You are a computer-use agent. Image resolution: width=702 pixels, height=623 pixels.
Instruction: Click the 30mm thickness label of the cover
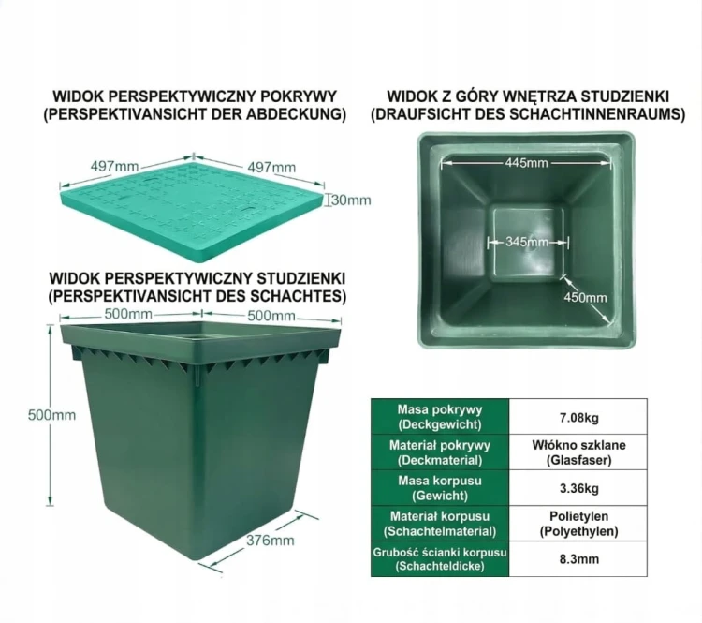click(352, 200)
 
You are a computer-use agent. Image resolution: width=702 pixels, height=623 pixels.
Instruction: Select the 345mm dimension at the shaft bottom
click(526, 242)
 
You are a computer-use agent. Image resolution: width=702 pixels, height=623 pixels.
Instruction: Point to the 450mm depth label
click(585, 298)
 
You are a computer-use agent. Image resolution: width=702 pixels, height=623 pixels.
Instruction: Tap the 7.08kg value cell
click(578, 416)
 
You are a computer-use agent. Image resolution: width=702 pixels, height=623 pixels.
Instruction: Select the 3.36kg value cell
click(578, 488)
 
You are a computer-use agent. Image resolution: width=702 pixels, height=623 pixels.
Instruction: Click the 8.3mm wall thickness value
click(578, 559)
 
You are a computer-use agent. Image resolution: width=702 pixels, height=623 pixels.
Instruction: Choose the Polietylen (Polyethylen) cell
click(578, 524)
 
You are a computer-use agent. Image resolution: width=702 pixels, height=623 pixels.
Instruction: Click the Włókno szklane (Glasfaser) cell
click(578, 452)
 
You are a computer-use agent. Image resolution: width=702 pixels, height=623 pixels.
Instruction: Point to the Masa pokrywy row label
click(440, 416)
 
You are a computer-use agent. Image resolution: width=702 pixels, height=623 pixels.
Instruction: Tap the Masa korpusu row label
click(440, 488)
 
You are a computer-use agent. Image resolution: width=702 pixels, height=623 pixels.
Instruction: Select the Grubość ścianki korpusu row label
click(440, 559)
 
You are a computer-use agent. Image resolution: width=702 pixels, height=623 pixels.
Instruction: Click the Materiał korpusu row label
click(440, 524)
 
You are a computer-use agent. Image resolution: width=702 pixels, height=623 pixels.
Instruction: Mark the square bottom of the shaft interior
click(527, 244)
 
